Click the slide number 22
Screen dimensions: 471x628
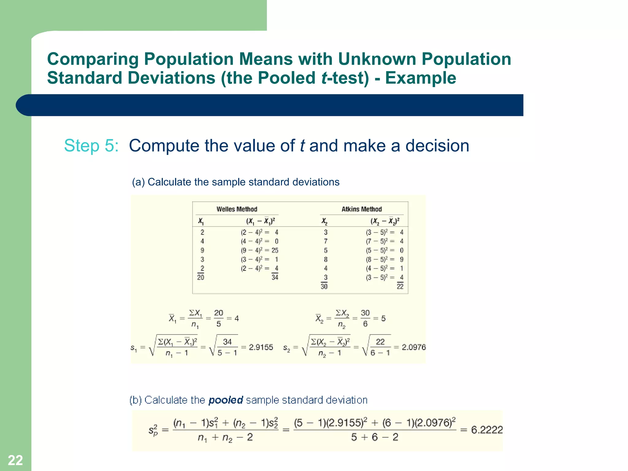click(x=15, y=460)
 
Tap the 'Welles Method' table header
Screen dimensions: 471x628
click(x=237, y=209)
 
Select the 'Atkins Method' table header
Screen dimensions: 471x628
click(x=362, y=209)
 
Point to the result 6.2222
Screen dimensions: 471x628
click(x=487, y=430)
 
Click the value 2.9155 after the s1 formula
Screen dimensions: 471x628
click(x=261, y=347)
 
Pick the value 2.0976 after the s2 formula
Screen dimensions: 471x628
click(x=414, y=347)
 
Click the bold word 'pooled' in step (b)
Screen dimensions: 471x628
click(x=226, y=400)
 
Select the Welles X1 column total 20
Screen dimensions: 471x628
click(x=201, y=278)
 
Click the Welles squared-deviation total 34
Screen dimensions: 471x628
click(x=275, y=278)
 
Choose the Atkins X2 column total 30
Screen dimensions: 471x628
click(x=324, y=286)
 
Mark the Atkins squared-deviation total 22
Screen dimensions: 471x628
click(x=400, y=286)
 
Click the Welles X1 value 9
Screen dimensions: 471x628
click(x=202, y=251)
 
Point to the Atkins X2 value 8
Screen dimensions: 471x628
click(x=326, y=259)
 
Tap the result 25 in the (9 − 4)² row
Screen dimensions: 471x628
click(x=275, y=251)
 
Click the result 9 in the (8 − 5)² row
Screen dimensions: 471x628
click(x=402, y=259)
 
